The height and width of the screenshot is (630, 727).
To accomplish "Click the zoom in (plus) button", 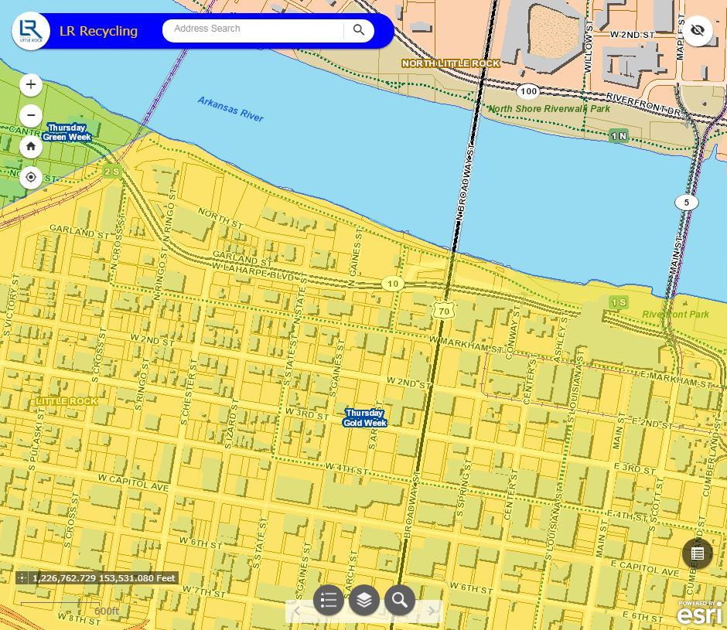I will (31, 85).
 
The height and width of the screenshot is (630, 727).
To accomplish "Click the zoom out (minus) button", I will (31, 116).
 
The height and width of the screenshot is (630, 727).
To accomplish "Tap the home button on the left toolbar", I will (31, 146).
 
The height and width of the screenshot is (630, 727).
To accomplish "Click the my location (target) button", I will (31, 177).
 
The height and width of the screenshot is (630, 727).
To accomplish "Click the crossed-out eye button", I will (698, 31).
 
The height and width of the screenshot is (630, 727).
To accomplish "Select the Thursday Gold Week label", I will (365, 418).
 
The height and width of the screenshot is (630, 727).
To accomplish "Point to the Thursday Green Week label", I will (67, 132).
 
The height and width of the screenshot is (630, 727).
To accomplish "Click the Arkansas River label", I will (230, 109).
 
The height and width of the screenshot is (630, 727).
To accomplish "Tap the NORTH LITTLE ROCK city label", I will (451, 63).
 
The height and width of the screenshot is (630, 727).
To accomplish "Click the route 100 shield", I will (528, 91).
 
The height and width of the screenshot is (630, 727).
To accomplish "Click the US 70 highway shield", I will (443, 311).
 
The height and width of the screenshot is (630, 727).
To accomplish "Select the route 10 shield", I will (393, 284).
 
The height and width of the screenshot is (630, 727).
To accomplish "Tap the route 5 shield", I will (686, 203).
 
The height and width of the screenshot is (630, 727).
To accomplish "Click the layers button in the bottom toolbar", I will (364, 600).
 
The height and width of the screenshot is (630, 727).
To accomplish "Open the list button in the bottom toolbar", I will (329, 600).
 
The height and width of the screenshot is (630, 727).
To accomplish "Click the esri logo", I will (699, 615).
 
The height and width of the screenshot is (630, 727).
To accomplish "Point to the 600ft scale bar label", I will (107, 611).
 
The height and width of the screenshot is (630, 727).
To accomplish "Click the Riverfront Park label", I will (675, 315).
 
